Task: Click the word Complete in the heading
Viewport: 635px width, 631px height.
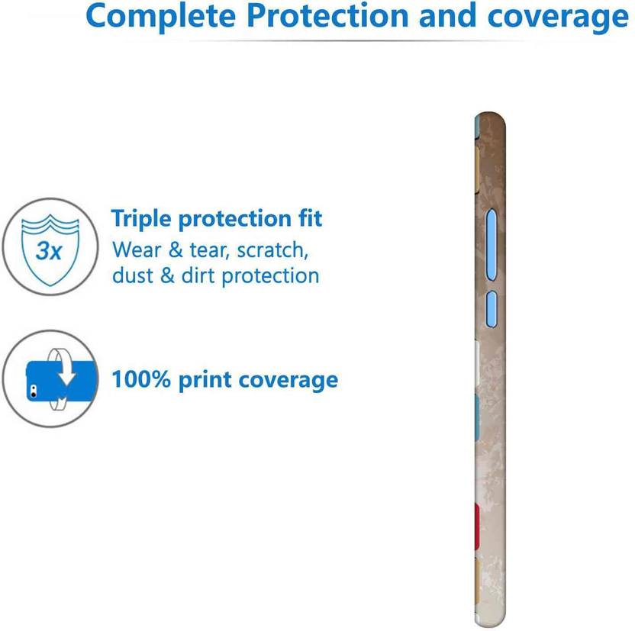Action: pos(161,16)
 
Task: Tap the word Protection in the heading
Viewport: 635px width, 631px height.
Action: pos(327,16)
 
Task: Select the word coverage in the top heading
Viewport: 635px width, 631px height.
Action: pos(558,18)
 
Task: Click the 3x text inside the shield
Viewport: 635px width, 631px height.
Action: pos(49,250)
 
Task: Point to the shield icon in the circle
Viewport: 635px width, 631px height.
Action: pos(50,250)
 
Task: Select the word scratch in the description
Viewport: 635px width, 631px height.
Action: pos(272,250)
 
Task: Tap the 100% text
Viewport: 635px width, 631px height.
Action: pos(141,379)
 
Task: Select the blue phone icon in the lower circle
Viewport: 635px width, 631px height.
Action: pos(62,381)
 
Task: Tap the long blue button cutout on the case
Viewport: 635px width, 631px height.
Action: pos(492,244)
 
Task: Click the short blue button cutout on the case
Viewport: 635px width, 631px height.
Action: pos(492,309)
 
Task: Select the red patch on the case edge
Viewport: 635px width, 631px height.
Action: pos(477,526)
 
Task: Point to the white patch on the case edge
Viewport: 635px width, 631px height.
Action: pos(477,362)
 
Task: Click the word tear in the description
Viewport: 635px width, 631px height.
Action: pos(207,250)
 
